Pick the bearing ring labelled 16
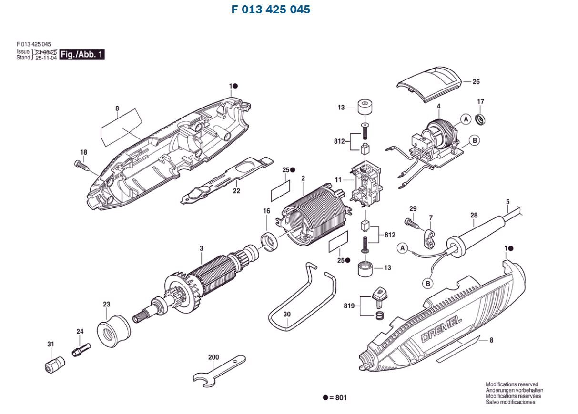coord(269,241)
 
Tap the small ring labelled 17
coord(482,118)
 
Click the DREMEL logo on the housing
coord(441,328)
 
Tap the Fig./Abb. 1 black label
coord(82,54)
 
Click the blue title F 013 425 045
coord(271,10)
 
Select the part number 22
coord(236,191)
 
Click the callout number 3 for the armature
coord(201,248)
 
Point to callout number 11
coord(338,180)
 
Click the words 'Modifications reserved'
coord(512,384)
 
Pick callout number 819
coord(350,306)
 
